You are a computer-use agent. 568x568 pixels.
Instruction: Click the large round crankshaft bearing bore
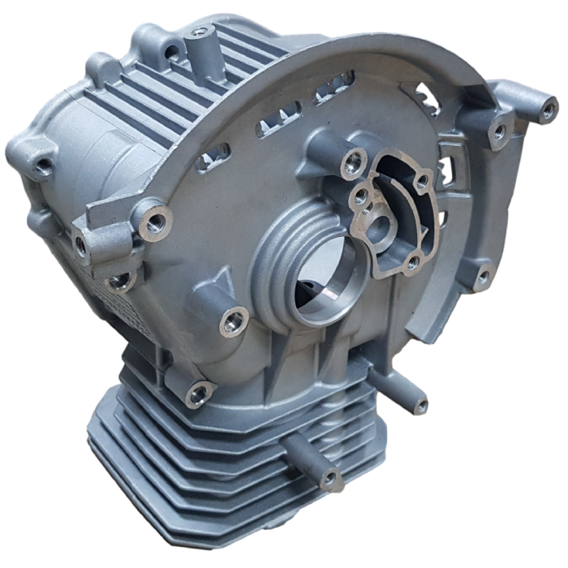323,284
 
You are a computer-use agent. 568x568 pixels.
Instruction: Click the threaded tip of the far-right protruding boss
549,109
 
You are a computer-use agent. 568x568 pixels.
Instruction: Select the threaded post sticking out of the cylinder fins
330,479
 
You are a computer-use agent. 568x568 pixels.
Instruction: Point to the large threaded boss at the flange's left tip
154,220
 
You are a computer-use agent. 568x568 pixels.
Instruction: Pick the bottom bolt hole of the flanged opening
412,261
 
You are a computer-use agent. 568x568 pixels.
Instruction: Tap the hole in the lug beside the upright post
172,53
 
